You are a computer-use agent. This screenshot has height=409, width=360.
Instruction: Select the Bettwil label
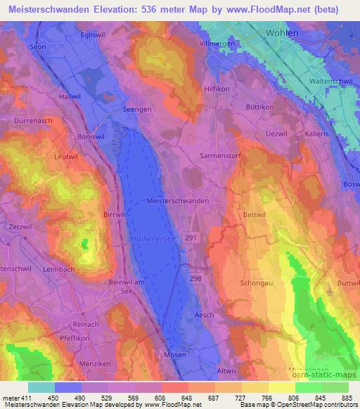point(255,212)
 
